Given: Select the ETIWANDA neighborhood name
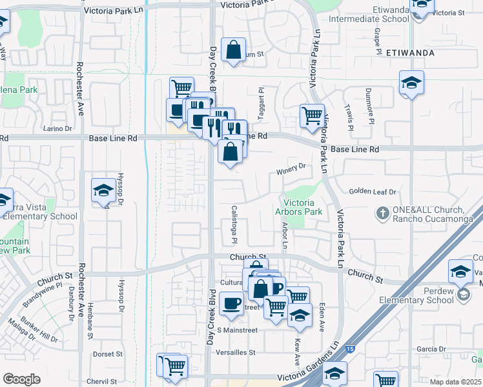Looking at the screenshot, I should pyautogui.click(x=410, y=52).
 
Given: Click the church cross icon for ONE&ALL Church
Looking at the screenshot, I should pyautogui.click(x=382, y=212).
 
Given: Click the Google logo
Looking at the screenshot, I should pyautogui.click(x=21, y=379).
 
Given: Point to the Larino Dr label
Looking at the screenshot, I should pyautogui.click(x=57, y=128).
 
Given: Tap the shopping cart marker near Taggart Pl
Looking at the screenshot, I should pyautogui.click(x=312, y=116).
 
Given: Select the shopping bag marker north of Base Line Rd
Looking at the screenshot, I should pyautogui.click(x=233, y=49).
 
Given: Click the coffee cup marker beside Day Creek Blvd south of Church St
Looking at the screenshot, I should pyautogui.click(x=231, y=303).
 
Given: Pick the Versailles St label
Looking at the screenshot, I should pyautogui.click(x=236, y=353).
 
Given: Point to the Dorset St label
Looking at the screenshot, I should pyautogui.click(x=107, y=354).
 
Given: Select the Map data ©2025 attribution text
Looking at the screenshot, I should pyautogui.click(x=455, y=381).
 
